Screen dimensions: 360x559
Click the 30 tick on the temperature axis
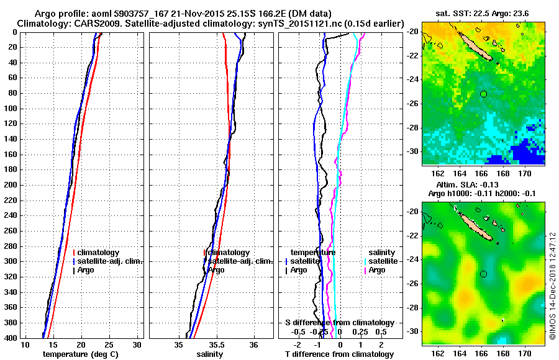[137, 345]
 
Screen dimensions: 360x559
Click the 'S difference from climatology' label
[339, 323]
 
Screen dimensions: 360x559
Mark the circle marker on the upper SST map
[483, 94]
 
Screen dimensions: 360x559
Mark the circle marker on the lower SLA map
[483, 274]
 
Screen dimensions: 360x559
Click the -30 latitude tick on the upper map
[412, 151]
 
